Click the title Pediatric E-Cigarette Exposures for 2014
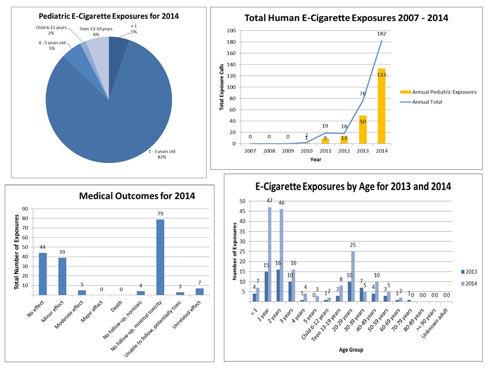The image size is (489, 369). coord(109,16)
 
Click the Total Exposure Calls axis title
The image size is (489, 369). coord(222,87)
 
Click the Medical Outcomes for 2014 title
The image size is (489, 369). coord(137,197)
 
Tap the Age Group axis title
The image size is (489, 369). coord(350,350)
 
